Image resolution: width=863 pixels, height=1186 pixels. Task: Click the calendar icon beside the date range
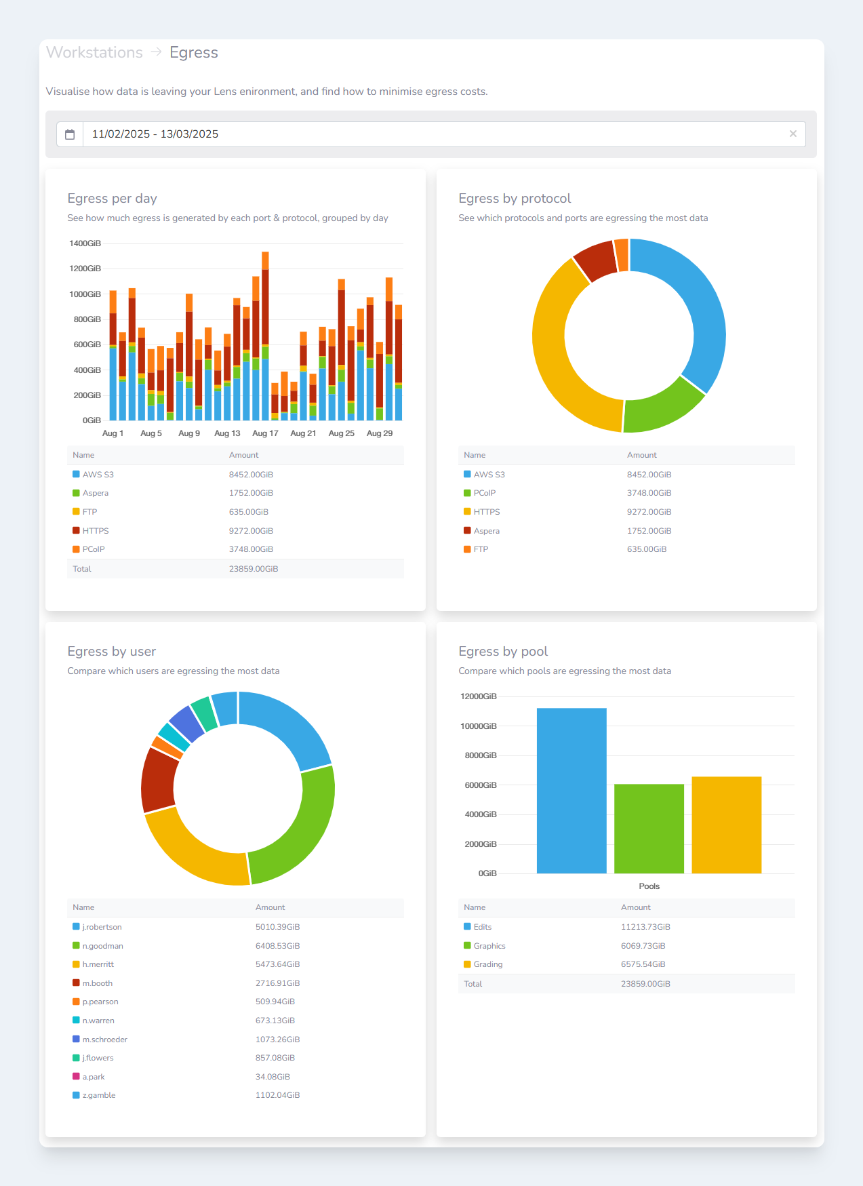tap(70, 134)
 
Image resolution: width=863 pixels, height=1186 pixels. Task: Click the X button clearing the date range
tap(792, 134)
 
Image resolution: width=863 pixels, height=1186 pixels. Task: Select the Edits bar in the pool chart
tap(571, 791)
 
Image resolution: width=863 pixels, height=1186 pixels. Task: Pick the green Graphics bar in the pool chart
tap(649, 829)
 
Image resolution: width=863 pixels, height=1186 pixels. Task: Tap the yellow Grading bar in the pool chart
tap(726, 825)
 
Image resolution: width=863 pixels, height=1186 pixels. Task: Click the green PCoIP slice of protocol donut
tap(665, 407)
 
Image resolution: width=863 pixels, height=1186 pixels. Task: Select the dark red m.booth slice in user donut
tap(159, 780)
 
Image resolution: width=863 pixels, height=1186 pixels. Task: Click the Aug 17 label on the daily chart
tap(265, 433)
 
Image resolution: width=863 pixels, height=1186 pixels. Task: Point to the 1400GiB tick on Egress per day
tap(85, 243)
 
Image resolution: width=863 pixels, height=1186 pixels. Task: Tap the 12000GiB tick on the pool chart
tap(479, 696)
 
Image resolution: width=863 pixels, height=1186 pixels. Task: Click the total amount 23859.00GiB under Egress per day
tap(254, 569)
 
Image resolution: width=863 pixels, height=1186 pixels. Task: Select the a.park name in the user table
tap(94, 1077)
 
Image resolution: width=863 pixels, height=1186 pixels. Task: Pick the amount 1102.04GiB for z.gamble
tap(277, 1095)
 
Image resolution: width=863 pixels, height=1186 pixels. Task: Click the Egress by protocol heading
tap(515, 198)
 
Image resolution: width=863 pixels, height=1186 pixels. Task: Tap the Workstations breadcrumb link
tap(94, 52)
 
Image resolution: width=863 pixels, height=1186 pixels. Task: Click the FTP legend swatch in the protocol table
tap(467, 549)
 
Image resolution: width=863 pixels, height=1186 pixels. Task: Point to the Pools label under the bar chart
tap(649, 886)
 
